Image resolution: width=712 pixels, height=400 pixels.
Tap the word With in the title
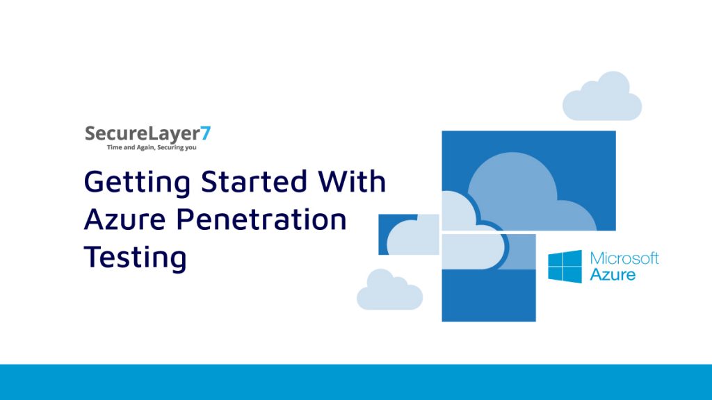tap(352, 182)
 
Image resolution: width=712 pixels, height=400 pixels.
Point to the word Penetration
tap(261, 219)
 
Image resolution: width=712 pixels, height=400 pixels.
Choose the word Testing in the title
tap(136, 258)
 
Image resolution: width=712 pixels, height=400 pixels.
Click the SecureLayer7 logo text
tap(146, 133)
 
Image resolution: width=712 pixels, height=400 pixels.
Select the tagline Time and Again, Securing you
tap(147, 148)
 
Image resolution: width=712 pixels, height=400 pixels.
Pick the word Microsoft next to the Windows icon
tap(624, 259)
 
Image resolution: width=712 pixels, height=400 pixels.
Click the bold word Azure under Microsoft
tap(613, 274)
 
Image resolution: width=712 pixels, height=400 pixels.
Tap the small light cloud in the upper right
tap(601, 97)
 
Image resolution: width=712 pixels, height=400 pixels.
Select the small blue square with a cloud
tap(408, 234)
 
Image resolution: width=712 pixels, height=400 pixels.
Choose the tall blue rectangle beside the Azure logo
tap(488, 295)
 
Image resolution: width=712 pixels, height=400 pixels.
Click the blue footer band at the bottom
tap(356, 382)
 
